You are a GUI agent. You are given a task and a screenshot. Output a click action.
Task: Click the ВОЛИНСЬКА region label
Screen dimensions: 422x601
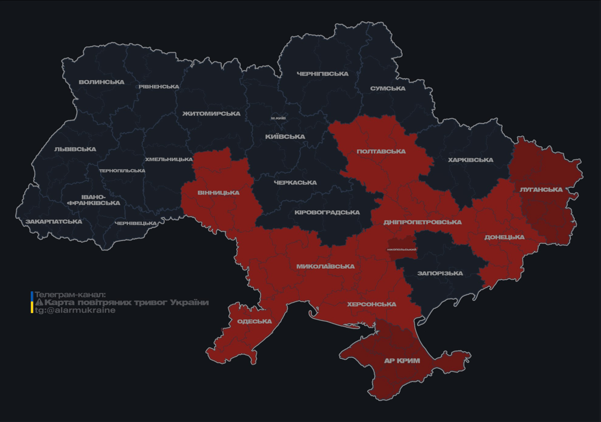(102, 82)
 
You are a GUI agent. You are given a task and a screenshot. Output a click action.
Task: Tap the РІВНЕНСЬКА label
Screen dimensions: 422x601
(159, 87)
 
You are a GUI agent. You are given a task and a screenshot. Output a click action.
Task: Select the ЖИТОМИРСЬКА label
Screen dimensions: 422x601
(212, 114)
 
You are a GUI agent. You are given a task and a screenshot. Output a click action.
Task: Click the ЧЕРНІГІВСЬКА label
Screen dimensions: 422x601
(322, 74)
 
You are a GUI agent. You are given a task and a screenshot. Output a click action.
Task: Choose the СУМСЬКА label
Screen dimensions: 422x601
(388, 88)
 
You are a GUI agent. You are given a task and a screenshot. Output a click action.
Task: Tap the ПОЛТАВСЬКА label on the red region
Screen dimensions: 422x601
(381, 152)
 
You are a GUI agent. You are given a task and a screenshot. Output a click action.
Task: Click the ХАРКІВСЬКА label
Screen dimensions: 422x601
(470, 160)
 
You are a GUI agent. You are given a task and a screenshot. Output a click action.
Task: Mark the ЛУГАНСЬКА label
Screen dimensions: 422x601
(541, 190)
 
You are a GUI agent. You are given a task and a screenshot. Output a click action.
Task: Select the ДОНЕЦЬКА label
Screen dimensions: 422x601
(504, 237)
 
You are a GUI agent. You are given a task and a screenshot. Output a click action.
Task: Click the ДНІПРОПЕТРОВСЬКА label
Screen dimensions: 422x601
(422, 222)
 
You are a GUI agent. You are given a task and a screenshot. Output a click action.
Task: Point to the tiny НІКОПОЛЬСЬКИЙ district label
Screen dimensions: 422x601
(402, 249)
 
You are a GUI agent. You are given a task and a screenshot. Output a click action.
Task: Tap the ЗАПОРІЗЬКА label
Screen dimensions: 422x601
(440, 273)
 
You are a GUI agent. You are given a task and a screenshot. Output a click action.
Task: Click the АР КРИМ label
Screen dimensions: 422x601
(402, 361)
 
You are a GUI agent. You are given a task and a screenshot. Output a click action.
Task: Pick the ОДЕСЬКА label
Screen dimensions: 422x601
(254, 321)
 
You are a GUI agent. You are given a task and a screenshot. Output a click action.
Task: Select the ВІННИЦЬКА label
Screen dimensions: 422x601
(219, 193)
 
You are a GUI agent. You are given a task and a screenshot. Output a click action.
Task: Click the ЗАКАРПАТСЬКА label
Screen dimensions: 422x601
(54, 222)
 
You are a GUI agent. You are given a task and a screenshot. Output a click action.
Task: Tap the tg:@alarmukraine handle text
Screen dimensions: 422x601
(75, 310)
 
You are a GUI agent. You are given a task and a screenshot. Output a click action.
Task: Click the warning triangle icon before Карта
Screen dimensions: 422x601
(39, 303)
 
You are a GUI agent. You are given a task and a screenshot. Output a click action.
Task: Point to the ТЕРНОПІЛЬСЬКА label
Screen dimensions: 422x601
(122, 171)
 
